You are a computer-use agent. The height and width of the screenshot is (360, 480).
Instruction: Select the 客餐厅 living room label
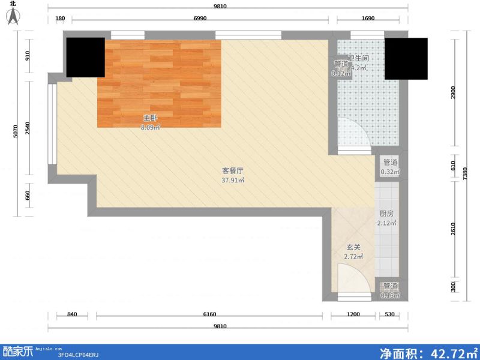pos(232,170)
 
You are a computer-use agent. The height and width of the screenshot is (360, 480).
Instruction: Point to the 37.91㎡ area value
pos(232,180)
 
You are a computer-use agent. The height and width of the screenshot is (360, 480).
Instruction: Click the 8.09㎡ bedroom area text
pos(150,127)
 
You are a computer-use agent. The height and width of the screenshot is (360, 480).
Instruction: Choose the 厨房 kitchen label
pos(386,214)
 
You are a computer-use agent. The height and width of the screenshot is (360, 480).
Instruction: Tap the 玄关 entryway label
pos(353,247)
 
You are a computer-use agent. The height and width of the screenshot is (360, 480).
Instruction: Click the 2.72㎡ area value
pos(353,257)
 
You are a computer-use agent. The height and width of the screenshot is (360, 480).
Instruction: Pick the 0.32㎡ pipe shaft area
pos(390,172)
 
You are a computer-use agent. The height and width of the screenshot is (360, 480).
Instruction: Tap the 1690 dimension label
pos(368,19)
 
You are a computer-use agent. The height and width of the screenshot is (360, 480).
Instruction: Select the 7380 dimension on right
pos(464,173)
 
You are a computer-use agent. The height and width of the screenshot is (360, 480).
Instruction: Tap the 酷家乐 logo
pos(18,351)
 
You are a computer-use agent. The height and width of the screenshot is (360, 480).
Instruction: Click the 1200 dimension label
pos(353,314)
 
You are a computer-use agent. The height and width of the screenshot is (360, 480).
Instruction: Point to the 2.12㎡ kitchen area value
pos(386,223)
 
